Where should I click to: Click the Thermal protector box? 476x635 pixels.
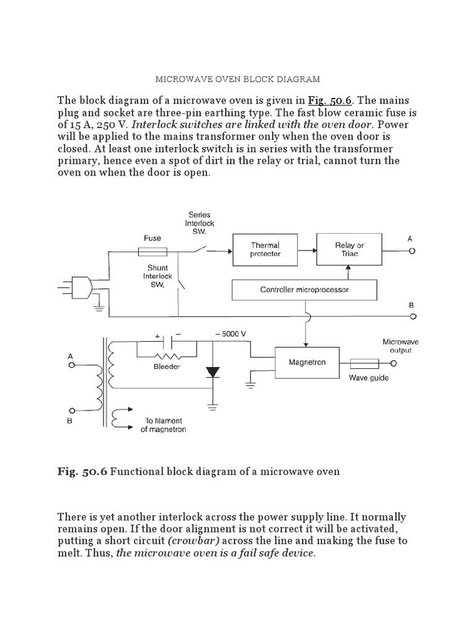pyautogui.click(x=265, y=249)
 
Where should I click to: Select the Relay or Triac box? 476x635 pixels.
pyautogui.click(x=349, y=249)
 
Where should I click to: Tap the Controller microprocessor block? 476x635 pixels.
pyautogui.click(x=304, y=290)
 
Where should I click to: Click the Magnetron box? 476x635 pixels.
pyautogui.click(x=306, y=362)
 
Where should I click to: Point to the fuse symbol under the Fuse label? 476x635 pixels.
pyautogui.click(x=152, y=251)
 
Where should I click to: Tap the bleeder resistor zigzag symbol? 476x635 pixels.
pyautogui.click(x=167, y=357)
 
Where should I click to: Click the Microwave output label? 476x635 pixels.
pyautogui.click(x=397, y=346)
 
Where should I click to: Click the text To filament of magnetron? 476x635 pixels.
pyautogui.click(x=163, y=425)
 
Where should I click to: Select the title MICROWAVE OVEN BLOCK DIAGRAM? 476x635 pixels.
pyautogui.click(x=237, y=79)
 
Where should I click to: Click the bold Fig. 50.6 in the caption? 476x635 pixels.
pyautogui.click(x=82, y=471)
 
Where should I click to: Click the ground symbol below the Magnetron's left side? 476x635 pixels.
pyautogui.click(x=250, y=383)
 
